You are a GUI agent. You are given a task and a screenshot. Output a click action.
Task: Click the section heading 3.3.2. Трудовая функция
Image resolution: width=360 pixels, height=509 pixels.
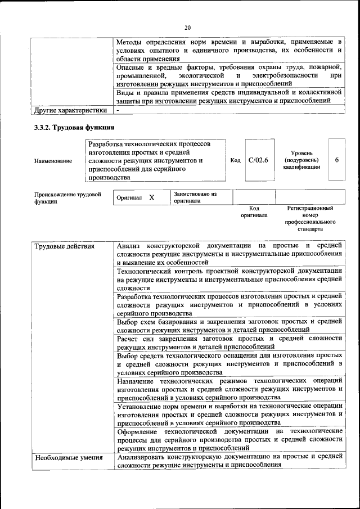(74, 128)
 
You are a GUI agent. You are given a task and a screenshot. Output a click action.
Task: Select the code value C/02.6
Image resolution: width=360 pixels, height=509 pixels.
(258, 160)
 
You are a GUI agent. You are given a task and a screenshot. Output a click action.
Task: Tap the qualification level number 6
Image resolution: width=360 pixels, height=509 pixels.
(336, 160)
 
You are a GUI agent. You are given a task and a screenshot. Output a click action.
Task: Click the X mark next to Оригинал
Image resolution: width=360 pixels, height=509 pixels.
(151, 198)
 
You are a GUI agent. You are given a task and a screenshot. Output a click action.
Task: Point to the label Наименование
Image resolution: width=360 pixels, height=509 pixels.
(53, 161)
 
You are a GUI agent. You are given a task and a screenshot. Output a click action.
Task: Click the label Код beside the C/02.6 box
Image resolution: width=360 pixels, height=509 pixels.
(236, 160)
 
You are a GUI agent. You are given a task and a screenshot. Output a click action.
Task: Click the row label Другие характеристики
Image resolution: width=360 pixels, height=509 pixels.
(70, 110)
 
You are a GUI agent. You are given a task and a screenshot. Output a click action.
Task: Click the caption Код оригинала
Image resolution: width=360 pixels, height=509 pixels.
(254, 211)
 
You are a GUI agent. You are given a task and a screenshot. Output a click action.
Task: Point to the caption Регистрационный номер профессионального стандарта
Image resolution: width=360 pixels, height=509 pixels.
(309, 219)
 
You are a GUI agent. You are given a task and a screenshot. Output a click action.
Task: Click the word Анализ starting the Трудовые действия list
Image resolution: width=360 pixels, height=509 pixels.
(128, 246)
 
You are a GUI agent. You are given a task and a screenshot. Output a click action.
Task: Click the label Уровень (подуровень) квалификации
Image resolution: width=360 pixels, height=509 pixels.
(306, 160)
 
